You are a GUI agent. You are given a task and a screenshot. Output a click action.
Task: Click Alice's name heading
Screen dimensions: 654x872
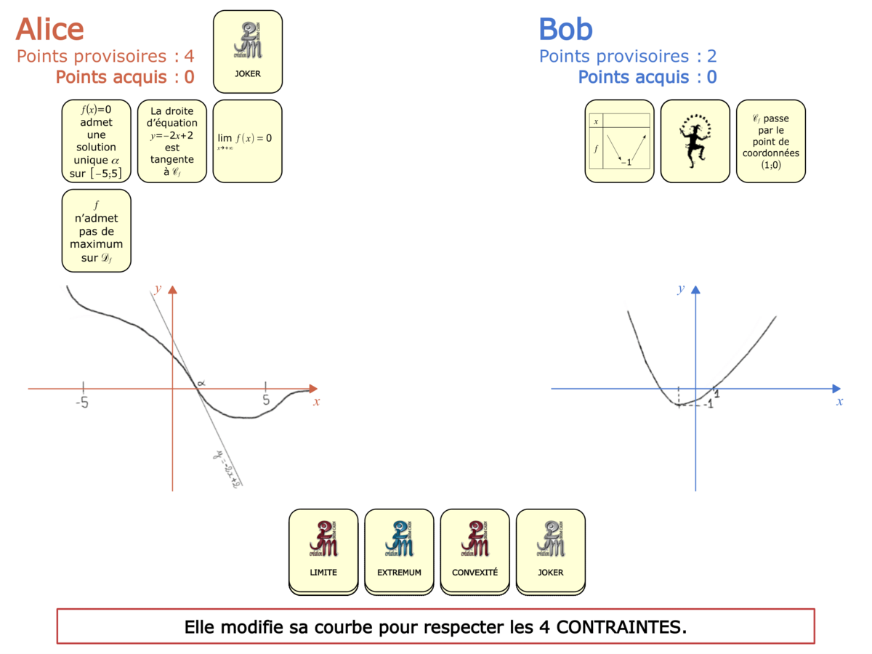pyautogui.click(x=49, y=29)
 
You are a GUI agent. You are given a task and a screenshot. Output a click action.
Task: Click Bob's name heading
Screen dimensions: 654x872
pyautogui.click(x=565, y=29)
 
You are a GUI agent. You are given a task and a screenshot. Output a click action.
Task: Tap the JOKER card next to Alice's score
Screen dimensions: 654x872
pyautogui.click(x=247, y=52)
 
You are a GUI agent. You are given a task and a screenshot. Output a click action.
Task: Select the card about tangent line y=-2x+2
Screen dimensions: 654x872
pyautogui.click(x=172, y=141)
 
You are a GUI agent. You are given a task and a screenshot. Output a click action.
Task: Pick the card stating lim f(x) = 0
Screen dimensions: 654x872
pyautogui.click(x=247, y=141)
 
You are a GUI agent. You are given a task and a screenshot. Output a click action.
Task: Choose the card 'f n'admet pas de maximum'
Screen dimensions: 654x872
pyautogui.click(x=97, y=230)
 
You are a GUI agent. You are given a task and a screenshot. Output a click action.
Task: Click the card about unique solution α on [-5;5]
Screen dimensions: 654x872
pyautogui.click(x=97, y=141)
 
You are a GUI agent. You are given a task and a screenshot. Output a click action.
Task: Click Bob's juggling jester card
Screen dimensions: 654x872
pyautogui.click(x=695, y=141)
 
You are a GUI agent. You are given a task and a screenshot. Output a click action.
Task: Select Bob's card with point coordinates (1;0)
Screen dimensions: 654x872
pyautogui.click(x=770, y=141)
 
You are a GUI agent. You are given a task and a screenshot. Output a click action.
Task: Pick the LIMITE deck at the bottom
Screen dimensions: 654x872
pyautogui.click(x=323, y=550)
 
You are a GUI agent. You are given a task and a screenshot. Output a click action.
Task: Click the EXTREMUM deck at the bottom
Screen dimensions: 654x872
pyautogui.click(x=399, y=550)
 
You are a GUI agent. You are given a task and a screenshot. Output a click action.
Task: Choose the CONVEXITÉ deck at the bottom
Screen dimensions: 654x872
pyautogui.click(x=475, y=550)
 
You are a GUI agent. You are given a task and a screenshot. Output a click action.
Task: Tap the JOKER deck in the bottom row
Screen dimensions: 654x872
pyautogui.click(x=550, y=550)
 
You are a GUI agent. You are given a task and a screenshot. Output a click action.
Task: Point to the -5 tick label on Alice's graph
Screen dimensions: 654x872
pyautogui.click(x=82, y=401)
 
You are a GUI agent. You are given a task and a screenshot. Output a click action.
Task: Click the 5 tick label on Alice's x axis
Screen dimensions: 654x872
pyautogui.click(x=265, y=400)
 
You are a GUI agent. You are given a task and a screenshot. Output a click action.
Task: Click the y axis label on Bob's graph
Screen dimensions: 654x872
pyautogui.click(x=681, y=289)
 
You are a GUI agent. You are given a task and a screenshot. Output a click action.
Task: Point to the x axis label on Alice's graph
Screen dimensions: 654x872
pyautogui.click(x=316, y=402)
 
